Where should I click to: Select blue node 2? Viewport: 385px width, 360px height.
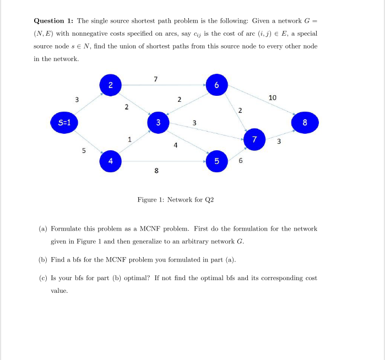click(110, 85)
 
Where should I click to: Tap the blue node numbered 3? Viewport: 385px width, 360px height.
click(158, 122)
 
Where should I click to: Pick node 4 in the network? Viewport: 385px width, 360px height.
click(110, 161)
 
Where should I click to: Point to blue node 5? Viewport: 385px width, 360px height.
click(217, 161)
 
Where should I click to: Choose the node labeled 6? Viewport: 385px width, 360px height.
click(216, 85)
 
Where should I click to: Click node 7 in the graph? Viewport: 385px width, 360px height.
click(254, 139)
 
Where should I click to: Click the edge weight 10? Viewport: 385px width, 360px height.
click(273, 97)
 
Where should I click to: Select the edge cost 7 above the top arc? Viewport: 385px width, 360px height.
click(156, 79)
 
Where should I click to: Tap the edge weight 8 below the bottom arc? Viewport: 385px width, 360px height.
click(156, 171)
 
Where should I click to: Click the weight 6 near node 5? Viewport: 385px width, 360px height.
click(240, 161)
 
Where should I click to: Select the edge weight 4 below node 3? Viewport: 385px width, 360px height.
click(175, 145)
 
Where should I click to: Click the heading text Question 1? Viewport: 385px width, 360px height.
click(53, 21)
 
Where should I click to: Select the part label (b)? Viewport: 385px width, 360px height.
click(42, 259)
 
